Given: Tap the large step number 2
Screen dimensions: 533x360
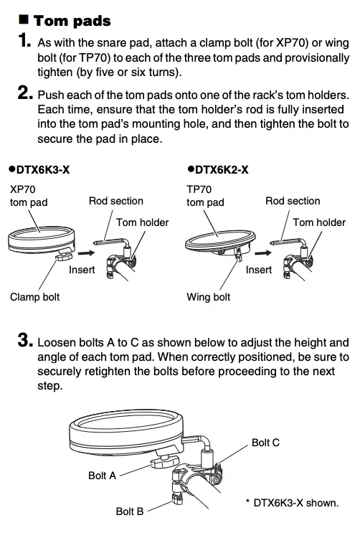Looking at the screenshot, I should tap(24, 94).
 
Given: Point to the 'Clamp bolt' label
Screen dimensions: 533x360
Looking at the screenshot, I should tap(34, 296).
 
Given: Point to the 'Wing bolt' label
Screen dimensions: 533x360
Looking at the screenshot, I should tap(209, 296).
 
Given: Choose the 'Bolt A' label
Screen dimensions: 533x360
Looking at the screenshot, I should tap(102, 476).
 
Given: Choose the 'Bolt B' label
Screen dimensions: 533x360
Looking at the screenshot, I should tap(130, 511).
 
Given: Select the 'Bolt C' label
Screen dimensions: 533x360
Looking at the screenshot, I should tap(265, 443).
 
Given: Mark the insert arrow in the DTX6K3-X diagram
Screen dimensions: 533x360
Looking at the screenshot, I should tap(87, 253).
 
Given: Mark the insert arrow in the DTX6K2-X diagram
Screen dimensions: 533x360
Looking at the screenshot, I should tap(263, 253).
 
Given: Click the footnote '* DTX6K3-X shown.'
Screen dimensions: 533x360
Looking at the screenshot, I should tap(292, 503).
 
